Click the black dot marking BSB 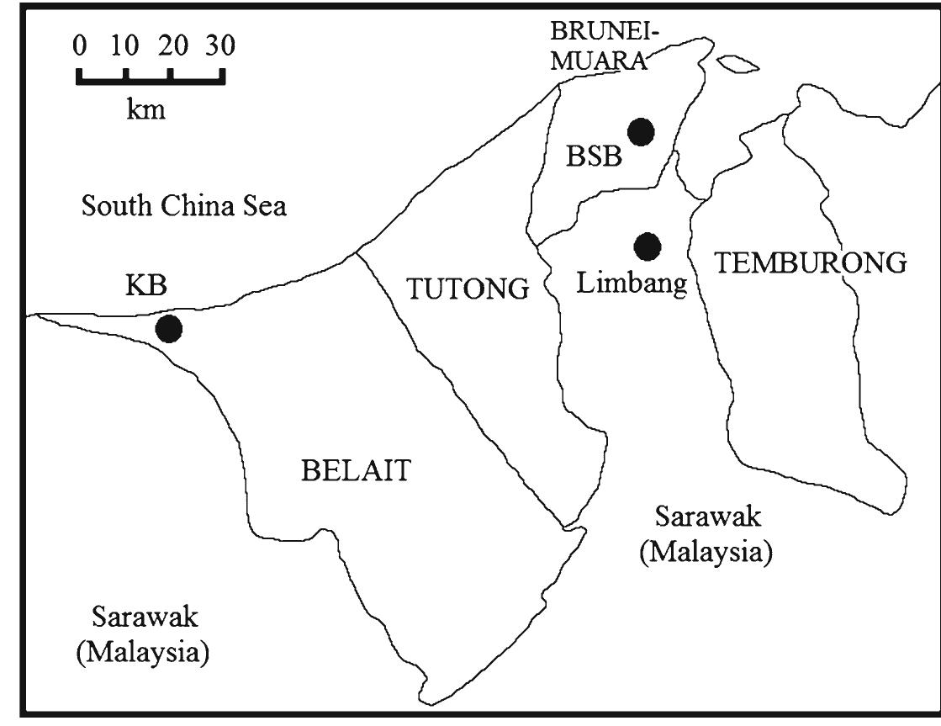[x=641, y=131]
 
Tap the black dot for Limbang [x=648, y=246]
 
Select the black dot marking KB [x=169, y=328]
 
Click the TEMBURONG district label [x=811, y=263]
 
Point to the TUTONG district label [x=468, y=289]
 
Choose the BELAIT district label [x=357, y=470]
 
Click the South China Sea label [x=184, y=206]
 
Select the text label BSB [x=594, y=156]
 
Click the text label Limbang [x=632, y=283]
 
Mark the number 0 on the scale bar [x=80, y=45]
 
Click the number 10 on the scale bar [x=124, y=45]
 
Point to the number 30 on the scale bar [x=220, y=45]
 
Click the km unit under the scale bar [x=146, y=110]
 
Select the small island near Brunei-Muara [x=737, y=64]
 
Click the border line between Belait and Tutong [x=454, y=387]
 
